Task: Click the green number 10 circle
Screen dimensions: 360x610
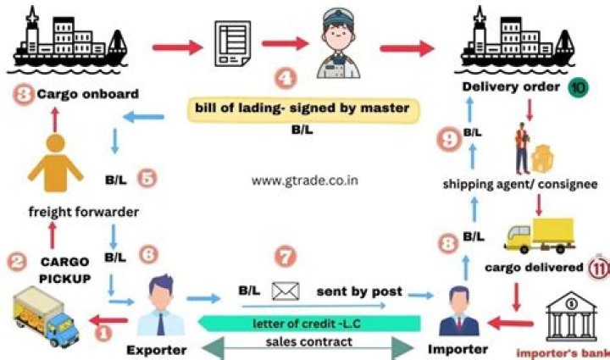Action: (x=578, y=86)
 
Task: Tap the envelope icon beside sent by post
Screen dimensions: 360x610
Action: (x=286, y=291)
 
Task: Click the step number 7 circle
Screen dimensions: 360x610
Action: (x=287, y=257)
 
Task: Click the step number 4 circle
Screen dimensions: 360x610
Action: (x=287, y=80)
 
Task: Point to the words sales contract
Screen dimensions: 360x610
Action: (x=308, y=342)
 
